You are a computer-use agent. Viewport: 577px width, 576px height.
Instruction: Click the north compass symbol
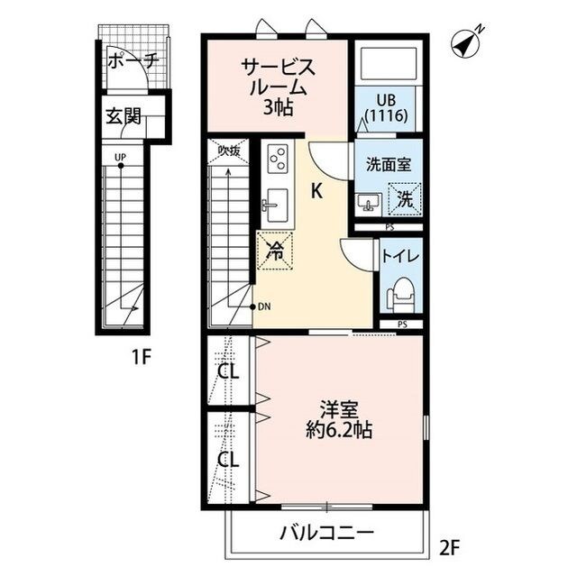point(466,41)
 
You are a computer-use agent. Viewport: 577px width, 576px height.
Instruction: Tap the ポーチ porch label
point(133,61)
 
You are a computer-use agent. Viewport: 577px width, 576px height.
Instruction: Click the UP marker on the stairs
point(120,158)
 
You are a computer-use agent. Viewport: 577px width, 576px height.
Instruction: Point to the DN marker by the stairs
point(263,306)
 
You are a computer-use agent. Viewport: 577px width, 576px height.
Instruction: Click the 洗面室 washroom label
point(387,165)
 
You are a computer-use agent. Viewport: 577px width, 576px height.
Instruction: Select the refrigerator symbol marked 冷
point(276,252)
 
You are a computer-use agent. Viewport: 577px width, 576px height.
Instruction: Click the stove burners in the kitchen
point(276,160)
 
